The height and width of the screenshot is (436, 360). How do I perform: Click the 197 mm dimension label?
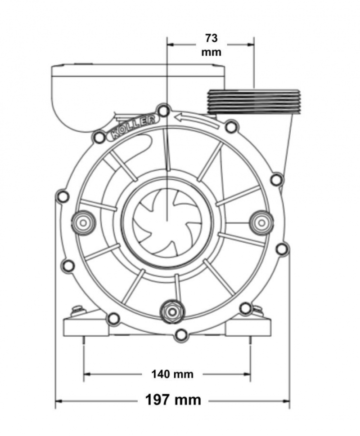click(173, 400)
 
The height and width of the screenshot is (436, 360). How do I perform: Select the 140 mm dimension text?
click(172, 374)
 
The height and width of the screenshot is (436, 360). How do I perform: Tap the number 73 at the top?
click(211, 38)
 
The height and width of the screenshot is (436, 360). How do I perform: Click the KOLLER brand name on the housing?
click(133, 127)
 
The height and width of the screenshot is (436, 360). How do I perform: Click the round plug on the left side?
click(83, 223)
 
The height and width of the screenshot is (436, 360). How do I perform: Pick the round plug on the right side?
click(261, 222)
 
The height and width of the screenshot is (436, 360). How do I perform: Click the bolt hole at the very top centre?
click(163, 111)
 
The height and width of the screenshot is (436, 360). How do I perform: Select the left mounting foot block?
click(86, 328)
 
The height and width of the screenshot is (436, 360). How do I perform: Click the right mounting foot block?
click(248, 328)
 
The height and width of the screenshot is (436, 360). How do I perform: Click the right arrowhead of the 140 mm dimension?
click(247, 374)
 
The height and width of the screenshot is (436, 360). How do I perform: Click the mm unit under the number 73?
click(211, 52)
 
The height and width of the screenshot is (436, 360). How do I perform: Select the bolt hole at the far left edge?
click(63, 196)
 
